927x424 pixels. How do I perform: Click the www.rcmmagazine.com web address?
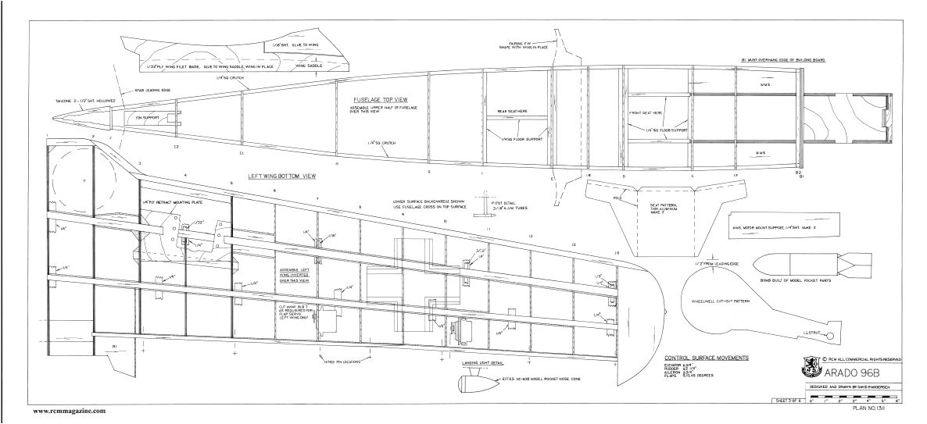coord(69,411)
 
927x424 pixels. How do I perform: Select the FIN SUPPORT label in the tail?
coord(149,117)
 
